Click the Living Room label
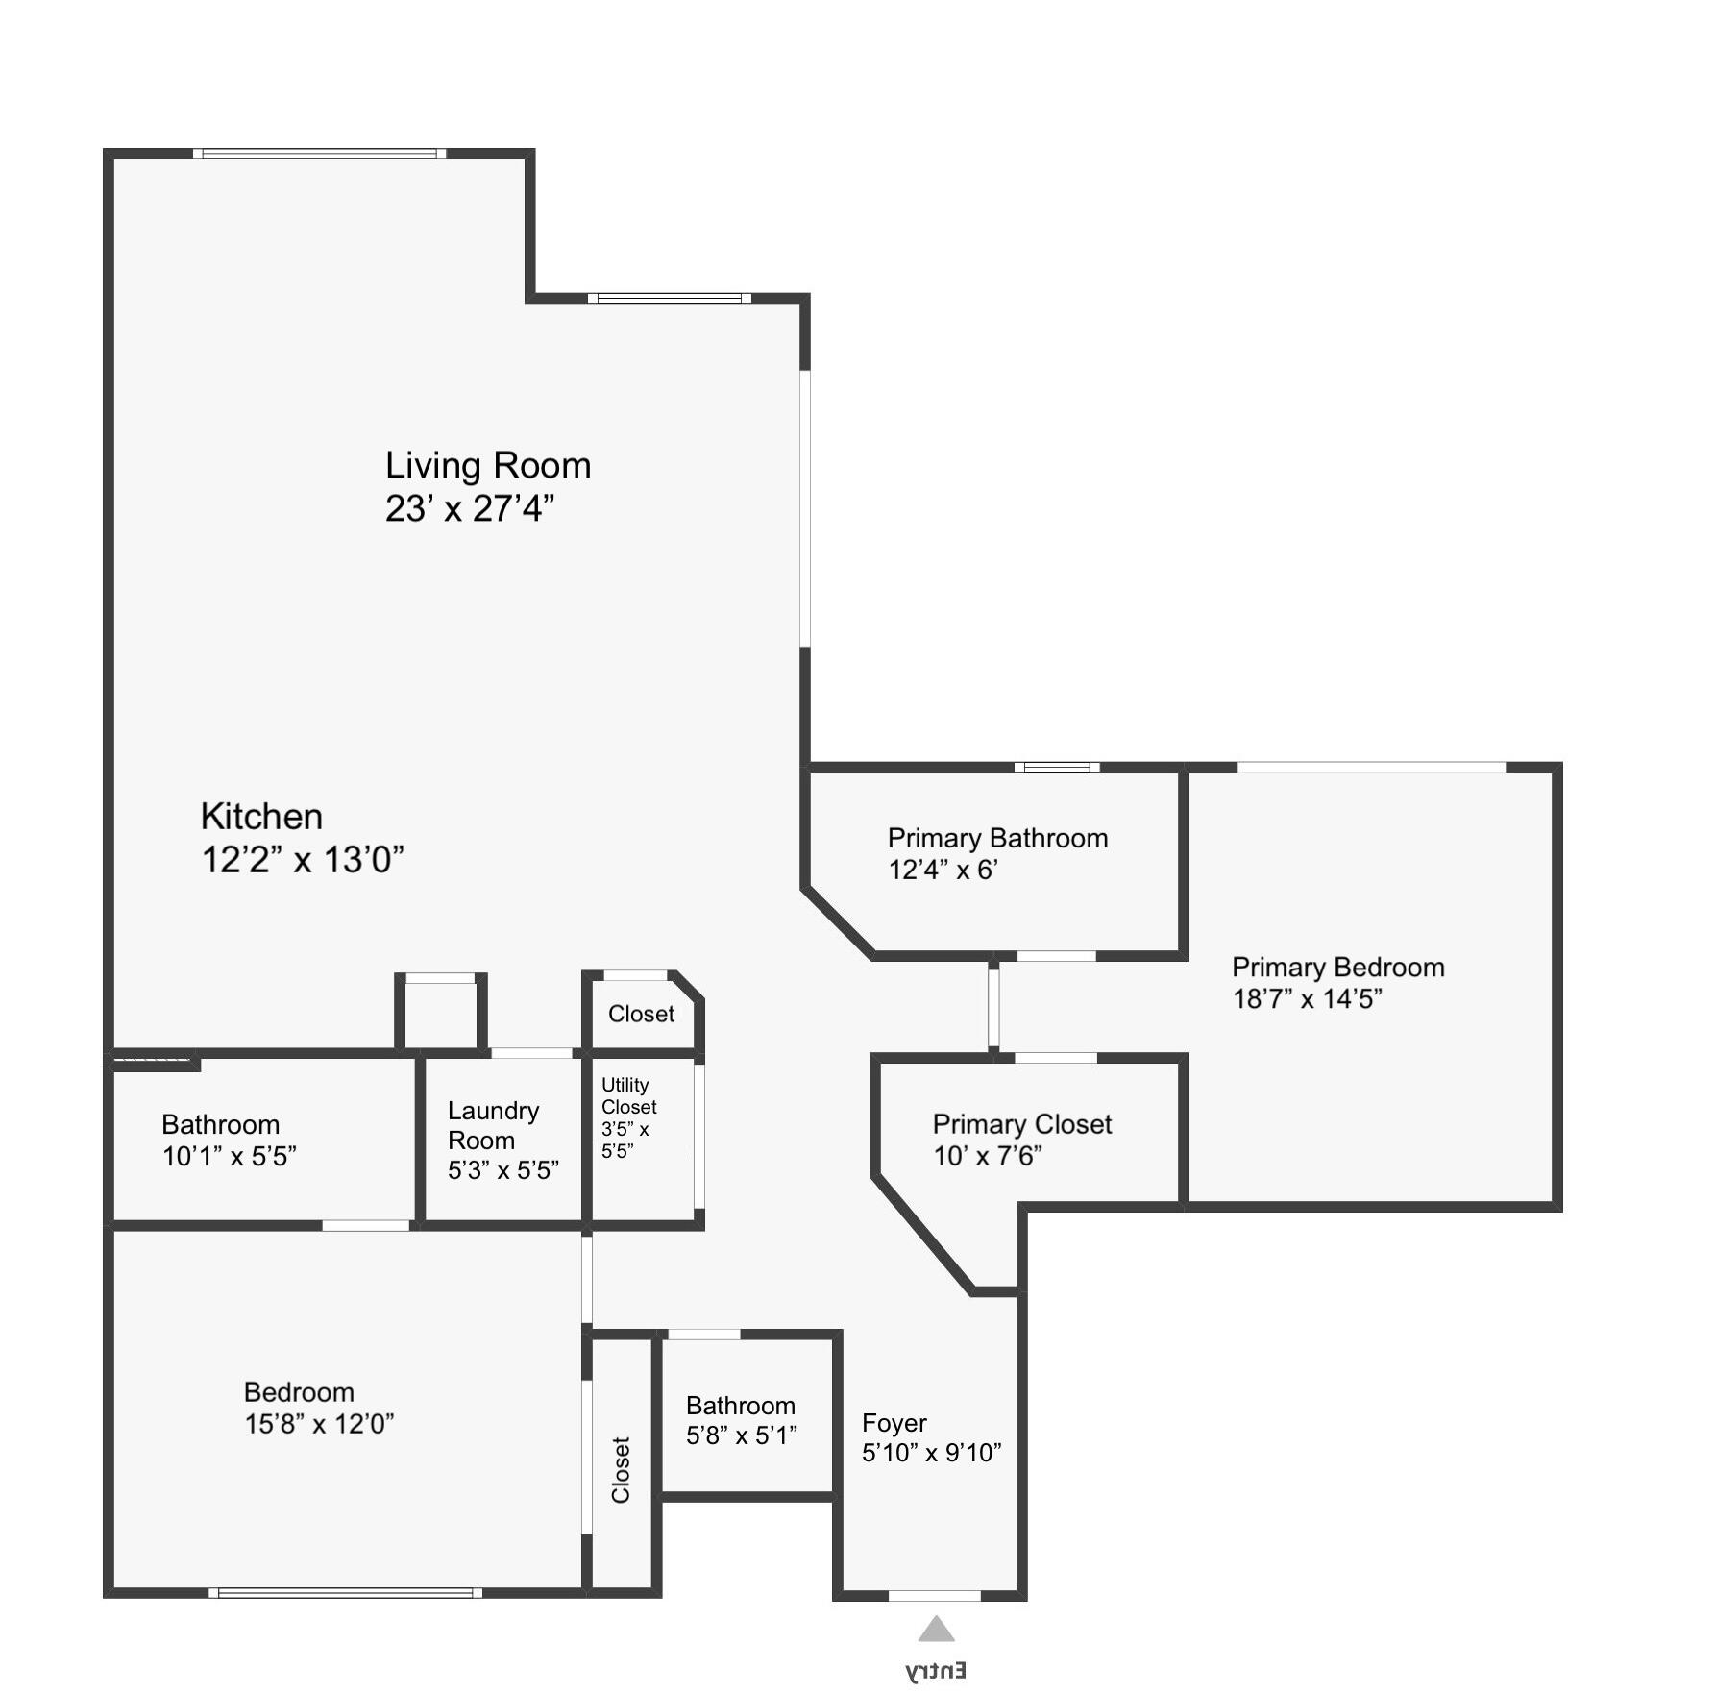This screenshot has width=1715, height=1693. [x=488, y=466]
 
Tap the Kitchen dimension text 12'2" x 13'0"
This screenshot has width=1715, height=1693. [x=302, y=859]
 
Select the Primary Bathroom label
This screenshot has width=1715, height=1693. [x=997, y=838]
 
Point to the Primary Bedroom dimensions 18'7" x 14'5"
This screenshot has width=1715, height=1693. [x=1307, y=999]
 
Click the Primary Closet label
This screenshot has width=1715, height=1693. [x=1022, y=1124]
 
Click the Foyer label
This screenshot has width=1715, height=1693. [x=894, y=1423]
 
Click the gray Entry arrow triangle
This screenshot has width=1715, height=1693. [x=936, y=1629]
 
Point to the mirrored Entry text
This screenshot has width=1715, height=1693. [x=936, y=1670]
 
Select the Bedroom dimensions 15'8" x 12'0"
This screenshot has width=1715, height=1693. [x=319, y=1424]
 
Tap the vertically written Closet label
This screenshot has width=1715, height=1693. [x=621, y=1470]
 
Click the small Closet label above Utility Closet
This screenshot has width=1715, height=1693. [x=641, y=1014]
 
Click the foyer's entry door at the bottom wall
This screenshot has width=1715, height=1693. [x=934, y=1596]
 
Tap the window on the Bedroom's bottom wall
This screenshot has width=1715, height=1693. [x=346, y=1593]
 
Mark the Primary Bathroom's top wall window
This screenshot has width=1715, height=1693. [x=1057, y=767]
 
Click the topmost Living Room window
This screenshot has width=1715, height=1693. [x=319, y=153]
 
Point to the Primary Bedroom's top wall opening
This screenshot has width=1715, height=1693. [x=1371, y=767]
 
